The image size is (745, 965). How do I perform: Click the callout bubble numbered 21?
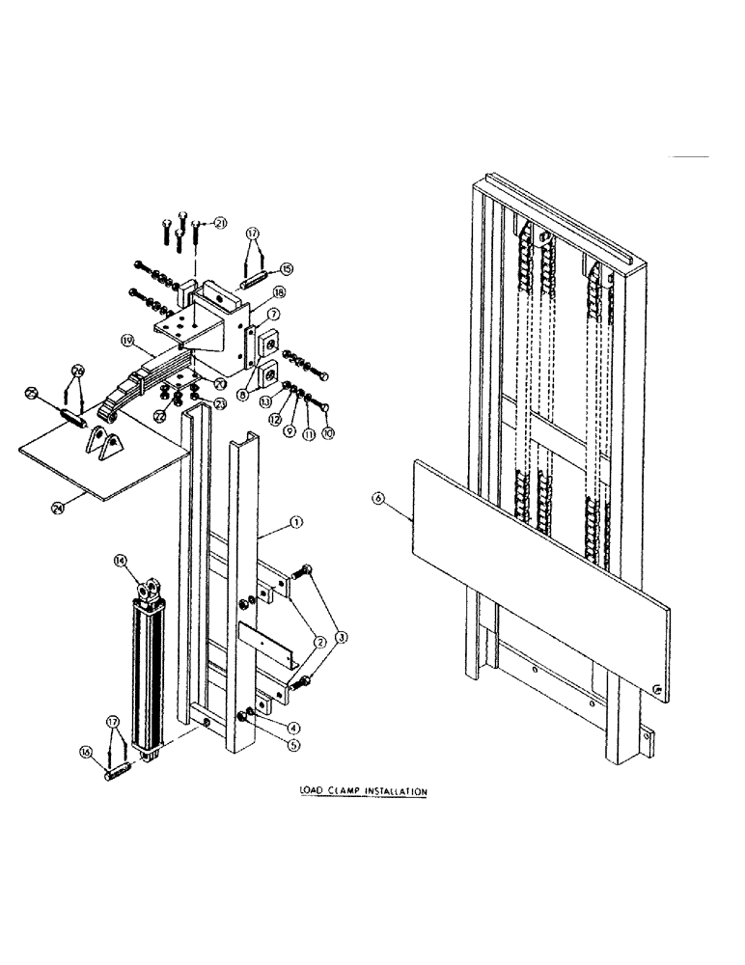220,224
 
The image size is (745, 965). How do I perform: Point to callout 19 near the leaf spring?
127,340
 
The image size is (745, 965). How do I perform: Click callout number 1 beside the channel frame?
297,522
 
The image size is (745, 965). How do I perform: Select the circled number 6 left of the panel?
378,498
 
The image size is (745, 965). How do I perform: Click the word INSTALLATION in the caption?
395,792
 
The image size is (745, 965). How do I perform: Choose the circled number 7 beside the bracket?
273,315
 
